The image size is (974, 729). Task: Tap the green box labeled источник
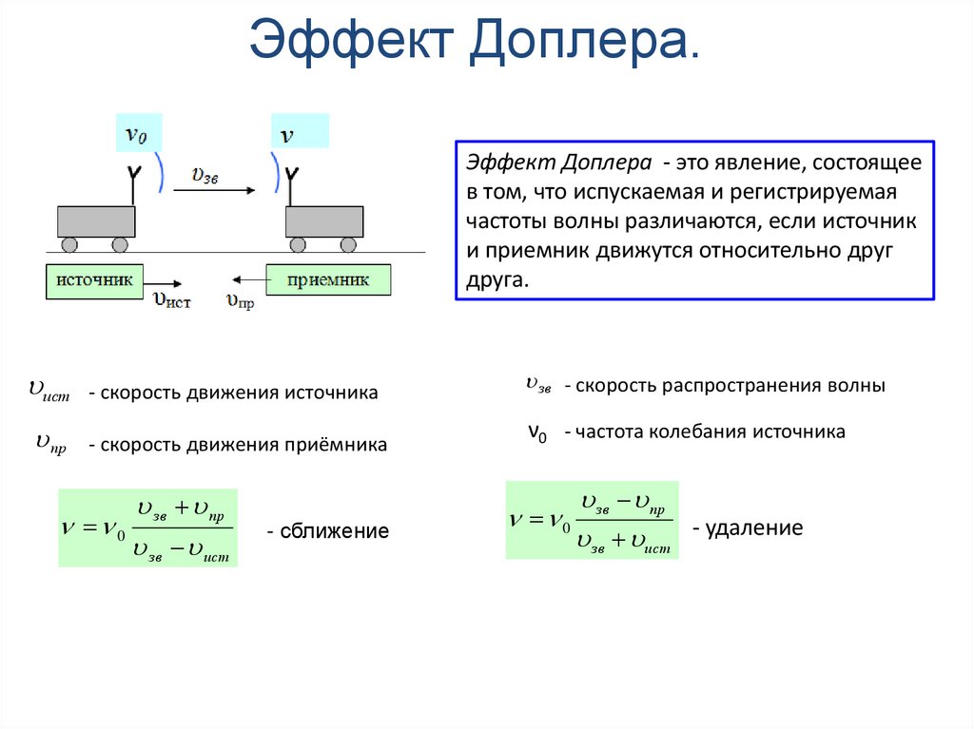click(94, 281)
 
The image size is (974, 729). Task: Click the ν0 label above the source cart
click(137, 134)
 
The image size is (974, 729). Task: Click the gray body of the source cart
click(96, 221)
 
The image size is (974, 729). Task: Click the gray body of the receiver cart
click(324, 221)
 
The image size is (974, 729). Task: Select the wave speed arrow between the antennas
click(213, 190)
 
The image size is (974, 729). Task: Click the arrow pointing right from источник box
click(166, 282)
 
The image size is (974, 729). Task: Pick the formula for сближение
click(147, 528)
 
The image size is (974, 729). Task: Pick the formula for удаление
click(592, 520)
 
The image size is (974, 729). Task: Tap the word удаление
click(752, 528)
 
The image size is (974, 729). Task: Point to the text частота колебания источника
click(704, 432)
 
